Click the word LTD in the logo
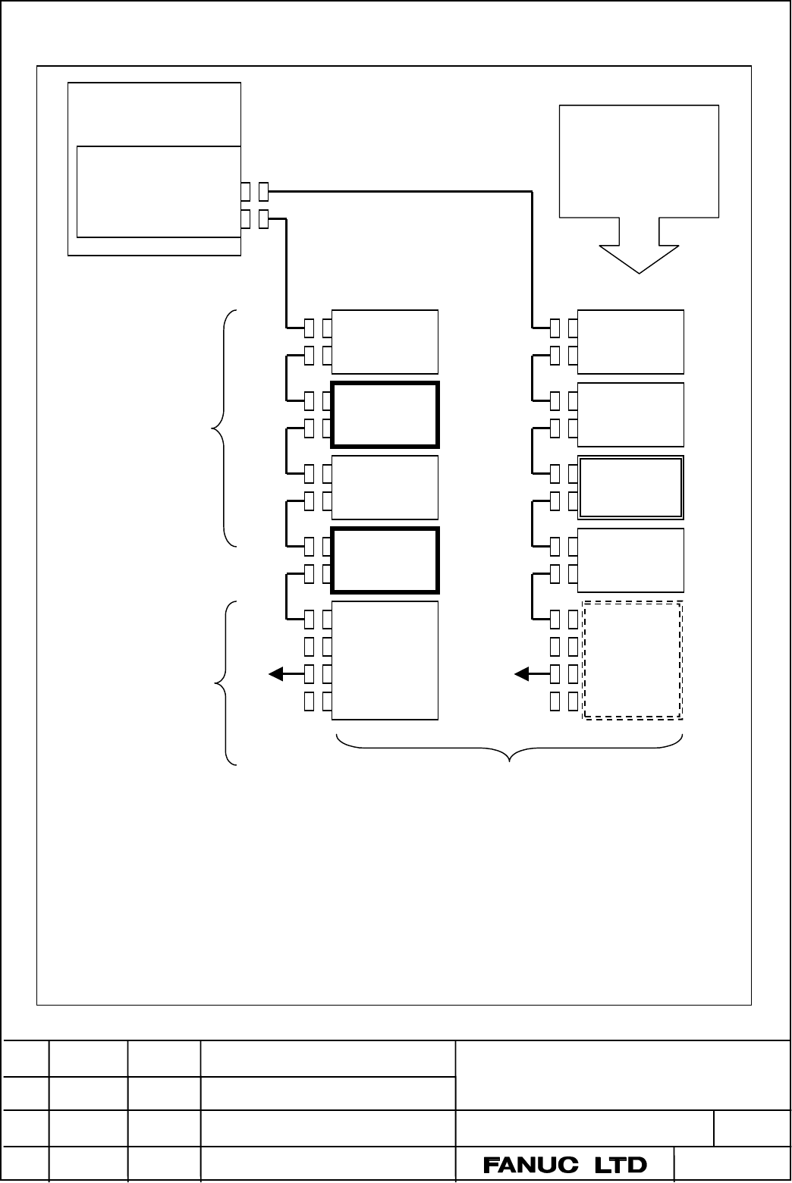tap(621, 1165)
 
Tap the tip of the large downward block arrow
tap(640, 273)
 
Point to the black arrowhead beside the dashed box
tap(522, 674)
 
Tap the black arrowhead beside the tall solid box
tap(276, 674)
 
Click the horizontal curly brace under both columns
tap(509, 748)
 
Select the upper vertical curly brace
tap(224, 428)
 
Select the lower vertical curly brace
tap(226, 682)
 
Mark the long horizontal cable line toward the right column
tap(400, 192)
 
